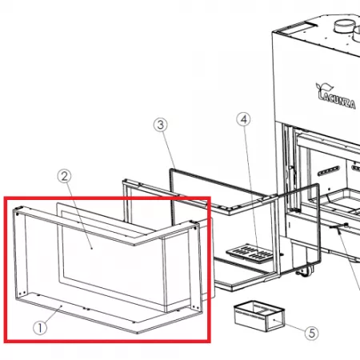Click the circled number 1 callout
pyautogui.click(x=40, y=327)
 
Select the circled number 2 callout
pyautogui.click(x=65, y=176)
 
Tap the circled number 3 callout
pyautogui.click(x=161, y=125)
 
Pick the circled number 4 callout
pyautogui.click(x=244, y=119)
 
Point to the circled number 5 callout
pyautogui.click(x=312, y=333)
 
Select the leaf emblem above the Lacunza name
pyautogui.click(x=324, y=87)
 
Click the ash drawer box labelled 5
pyautogui.click(x=258, y=315)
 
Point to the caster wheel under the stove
pyautogui.click(x=303, y=271)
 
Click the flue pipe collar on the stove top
pyautogui.click(x=345, y=26)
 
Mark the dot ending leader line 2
pyautogui.click(x=92, y=248)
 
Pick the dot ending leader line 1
pyautogui.click(x=62, y=306)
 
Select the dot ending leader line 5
pyautogui.click(x=274, y=320)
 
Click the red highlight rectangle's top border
pyautogui.click(x=107, y=198)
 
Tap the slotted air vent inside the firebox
pyautogui.click(x=329, y=170)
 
